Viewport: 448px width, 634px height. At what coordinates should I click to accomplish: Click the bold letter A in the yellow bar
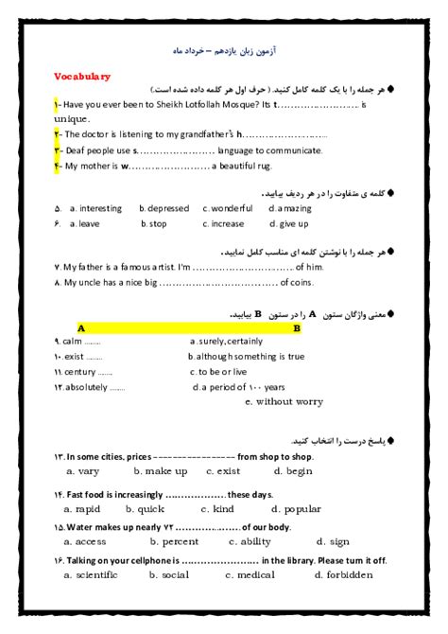coord(80,327)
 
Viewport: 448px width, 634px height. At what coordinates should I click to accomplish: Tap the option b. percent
coord(174,541)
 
